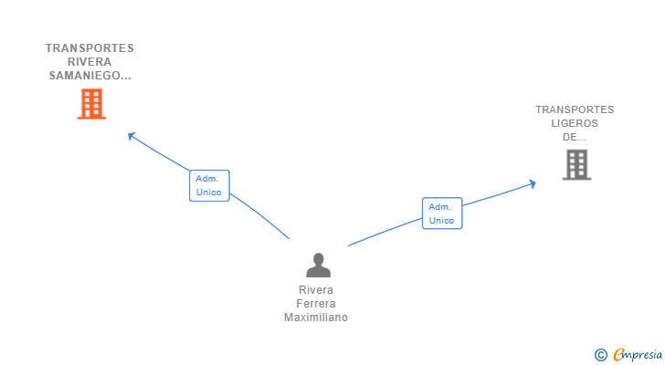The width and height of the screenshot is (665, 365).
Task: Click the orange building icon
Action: pos(90,104)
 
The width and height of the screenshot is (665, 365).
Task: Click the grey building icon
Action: pos(575,164)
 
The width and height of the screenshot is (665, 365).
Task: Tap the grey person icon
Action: pos(318,266)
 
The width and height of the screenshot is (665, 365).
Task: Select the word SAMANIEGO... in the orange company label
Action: pos(90,77)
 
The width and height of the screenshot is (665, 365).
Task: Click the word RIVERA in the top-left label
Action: pos(90,62)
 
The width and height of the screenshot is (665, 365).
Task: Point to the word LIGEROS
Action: pos(575,123)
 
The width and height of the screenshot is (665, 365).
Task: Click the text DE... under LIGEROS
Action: pos(575,137)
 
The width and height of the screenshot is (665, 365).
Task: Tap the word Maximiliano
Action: pos(316,318)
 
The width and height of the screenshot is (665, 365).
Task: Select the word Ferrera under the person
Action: pos(317,304)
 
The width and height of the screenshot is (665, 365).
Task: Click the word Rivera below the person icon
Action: pos(317,290)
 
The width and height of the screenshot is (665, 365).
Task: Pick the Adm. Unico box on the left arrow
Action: pos(209,185)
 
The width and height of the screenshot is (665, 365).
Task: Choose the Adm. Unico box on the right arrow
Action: pos(442,214)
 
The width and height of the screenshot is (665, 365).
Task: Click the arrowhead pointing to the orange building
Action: pos(132,136)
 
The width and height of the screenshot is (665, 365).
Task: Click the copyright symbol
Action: pos(600,355)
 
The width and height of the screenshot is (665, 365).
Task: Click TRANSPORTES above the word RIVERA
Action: pos(90,48)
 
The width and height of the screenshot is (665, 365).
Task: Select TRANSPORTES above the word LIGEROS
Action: pos(575,109)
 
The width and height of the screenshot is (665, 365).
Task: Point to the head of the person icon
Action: pos(318,259)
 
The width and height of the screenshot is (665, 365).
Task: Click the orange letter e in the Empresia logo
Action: pos(618,355)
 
